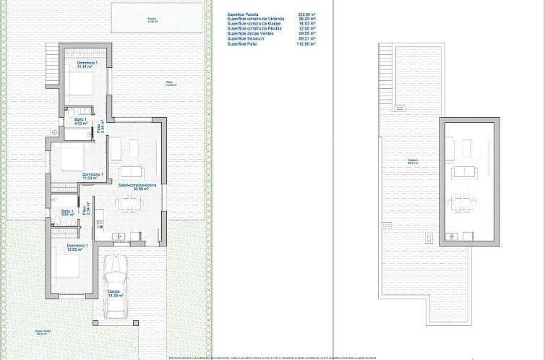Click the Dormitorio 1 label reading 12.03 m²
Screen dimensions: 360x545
pos(77,248)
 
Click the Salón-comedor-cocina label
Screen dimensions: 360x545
pos(132,187)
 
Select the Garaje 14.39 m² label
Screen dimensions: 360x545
pos(116,293)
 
